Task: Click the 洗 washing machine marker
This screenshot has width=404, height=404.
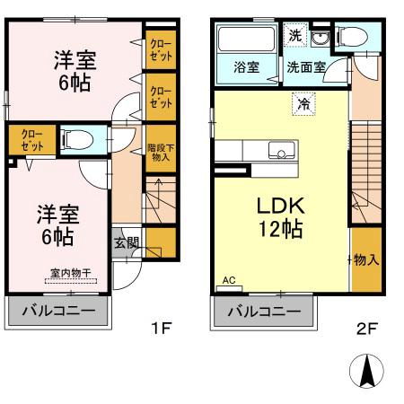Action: pos(296,36)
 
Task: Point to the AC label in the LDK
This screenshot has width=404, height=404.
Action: pos(228,280)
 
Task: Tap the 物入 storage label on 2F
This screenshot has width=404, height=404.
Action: pos(366,259)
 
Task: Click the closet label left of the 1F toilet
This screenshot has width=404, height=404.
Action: pos(30,140)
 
